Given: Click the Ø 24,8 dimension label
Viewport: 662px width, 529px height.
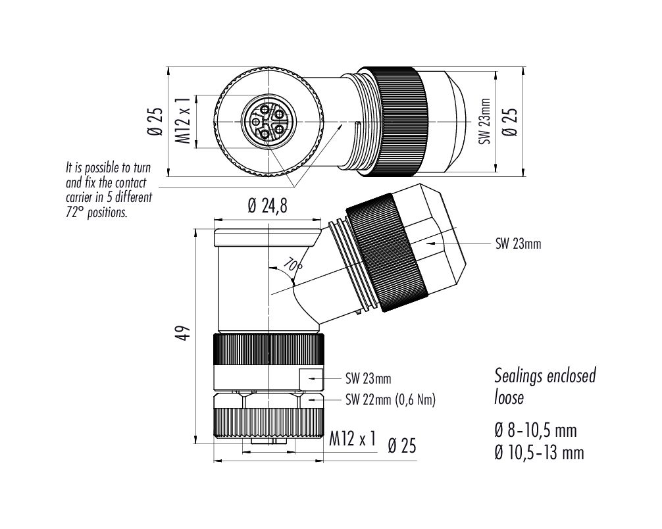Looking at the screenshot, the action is click(x=267, y=206).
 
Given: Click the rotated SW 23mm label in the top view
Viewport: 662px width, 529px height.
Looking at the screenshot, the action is click(x=485, y=122).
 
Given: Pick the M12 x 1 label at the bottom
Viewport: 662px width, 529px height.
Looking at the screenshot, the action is click(x=352, y=439).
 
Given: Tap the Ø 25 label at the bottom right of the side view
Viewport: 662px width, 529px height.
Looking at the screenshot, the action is click(x=402, y=446).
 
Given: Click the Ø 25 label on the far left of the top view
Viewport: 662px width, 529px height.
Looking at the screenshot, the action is click(x=155, y=122).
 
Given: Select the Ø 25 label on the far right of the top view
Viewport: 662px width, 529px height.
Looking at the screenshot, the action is click(x=509, y=122).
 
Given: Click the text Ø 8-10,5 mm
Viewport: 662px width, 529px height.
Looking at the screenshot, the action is click(x=536, y=430).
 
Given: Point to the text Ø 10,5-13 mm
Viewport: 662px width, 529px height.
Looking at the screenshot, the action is click(x=539, y=453).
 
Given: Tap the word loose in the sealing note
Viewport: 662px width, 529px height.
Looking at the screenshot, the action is click(x=509, y=397).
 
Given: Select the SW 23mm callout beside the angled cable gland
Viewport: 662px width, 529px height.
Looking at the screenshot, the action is click(x=518, y=243).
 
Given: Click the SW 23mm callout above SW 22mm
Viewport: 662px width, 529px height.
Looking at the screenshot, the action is click(x=368, y=378).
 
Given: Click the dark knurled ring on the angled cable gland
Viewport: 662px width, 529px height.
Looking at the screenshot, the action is click(x=386, y=253).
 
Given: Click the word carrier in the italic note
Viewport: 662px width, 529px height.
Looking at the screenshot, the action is click(x=79, y=197).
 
